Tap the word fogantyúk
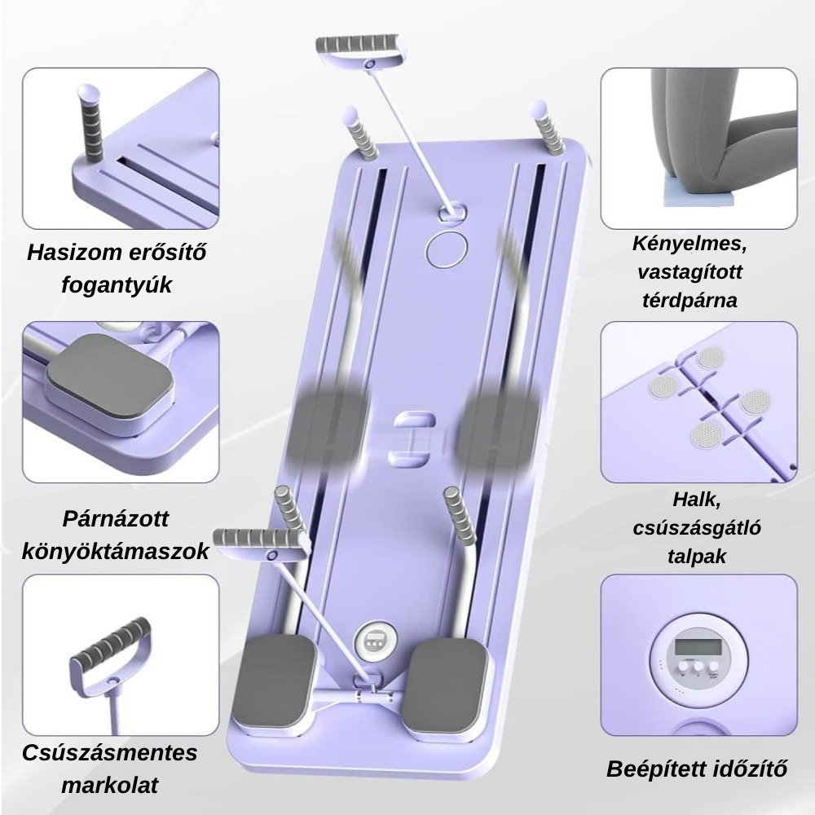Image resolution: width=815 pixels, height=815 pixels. coord(117,285)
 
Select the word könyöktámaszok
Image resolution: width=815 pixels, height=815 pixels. coord(116,552)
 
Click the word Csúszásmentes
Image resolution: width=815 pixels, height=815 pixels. coord(110,752)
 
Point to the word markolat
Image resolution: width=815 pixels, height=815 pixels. coord(110,785)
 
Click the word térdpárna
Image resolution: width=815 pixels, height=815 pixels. coord(689,301)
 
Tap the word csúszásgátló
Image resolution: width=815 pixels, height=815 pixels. coord(697,529)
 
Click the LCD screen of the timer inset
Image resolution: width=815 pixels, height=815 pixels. coord(698,646)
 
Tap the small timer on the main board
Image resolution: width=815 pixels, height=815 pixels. coord(375,640)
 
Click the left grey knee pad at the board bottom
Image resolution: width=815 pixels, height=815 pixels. coord(274,681)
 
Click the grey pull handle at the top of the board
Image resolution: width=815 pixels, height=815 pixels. coord(359,43)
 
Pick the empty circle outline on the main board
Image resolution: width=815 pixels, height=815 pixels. coord(447,249)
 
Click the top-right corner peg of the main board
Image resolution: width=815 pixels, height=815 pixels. coord(546,127)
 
